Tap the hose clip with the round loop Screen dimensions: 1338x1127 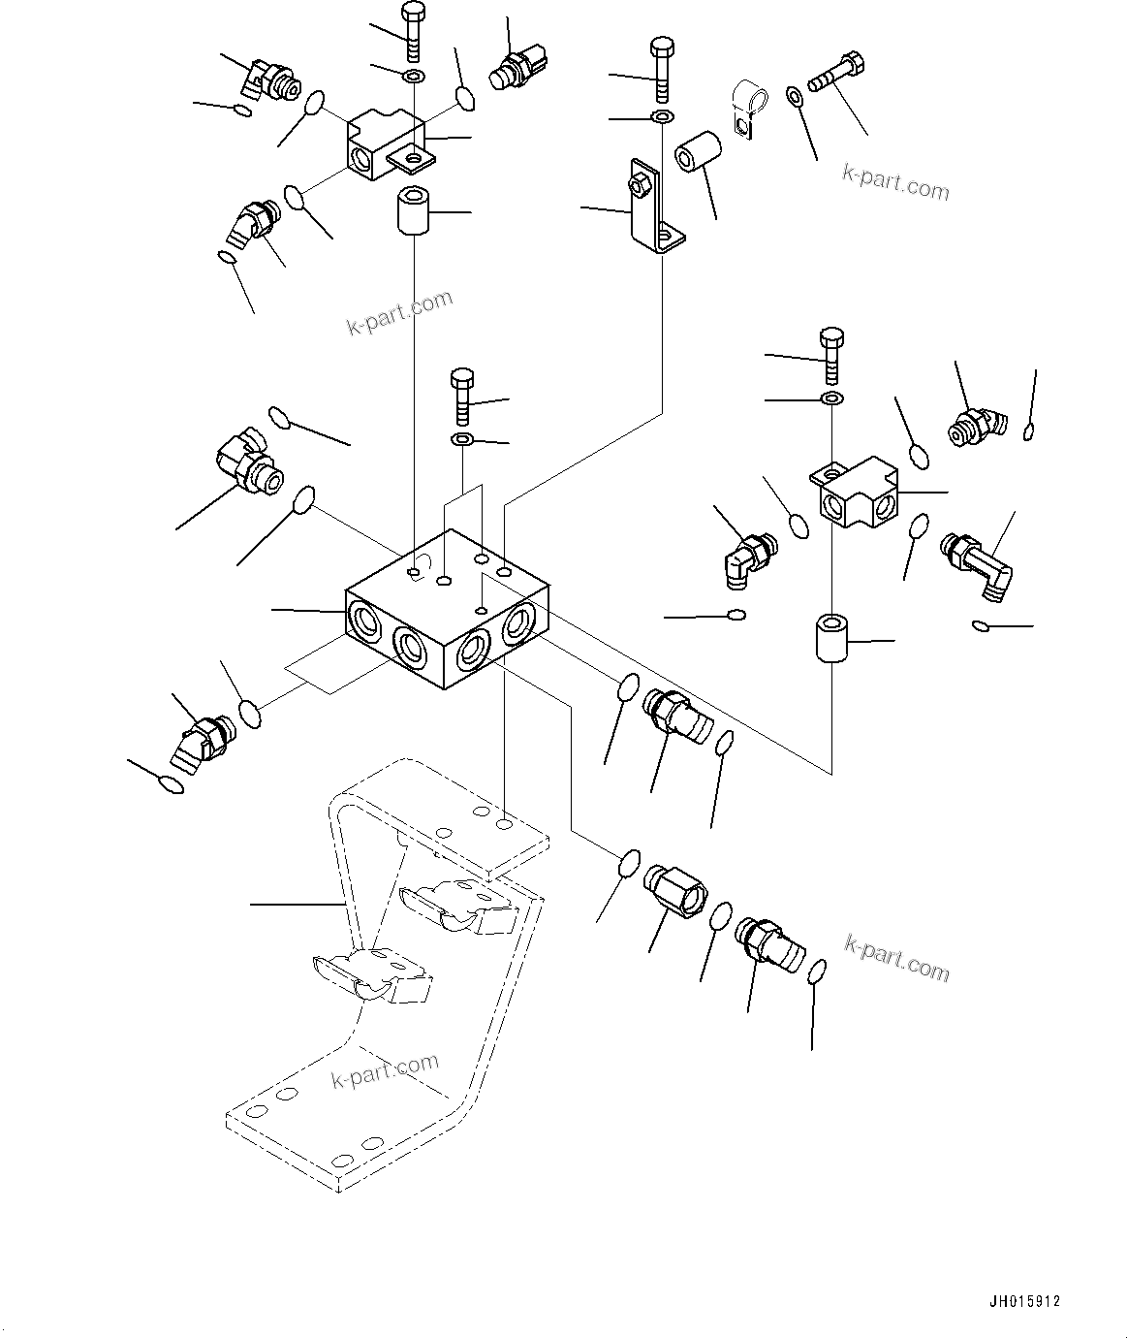(x=747, y=109)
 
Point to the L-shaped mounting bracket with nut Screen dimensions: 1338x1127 (x=650, y=206)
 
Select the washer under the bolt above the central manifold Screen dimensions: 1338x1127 (x=461, y=441)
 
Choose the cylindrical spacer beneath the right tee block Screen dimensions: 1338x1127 (x=831, y=638)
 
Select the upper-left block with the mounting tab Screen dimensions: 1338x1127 (x=385, y=143)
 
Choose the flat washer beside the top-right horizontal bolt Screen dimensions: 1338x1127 (x=794, y=95)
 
